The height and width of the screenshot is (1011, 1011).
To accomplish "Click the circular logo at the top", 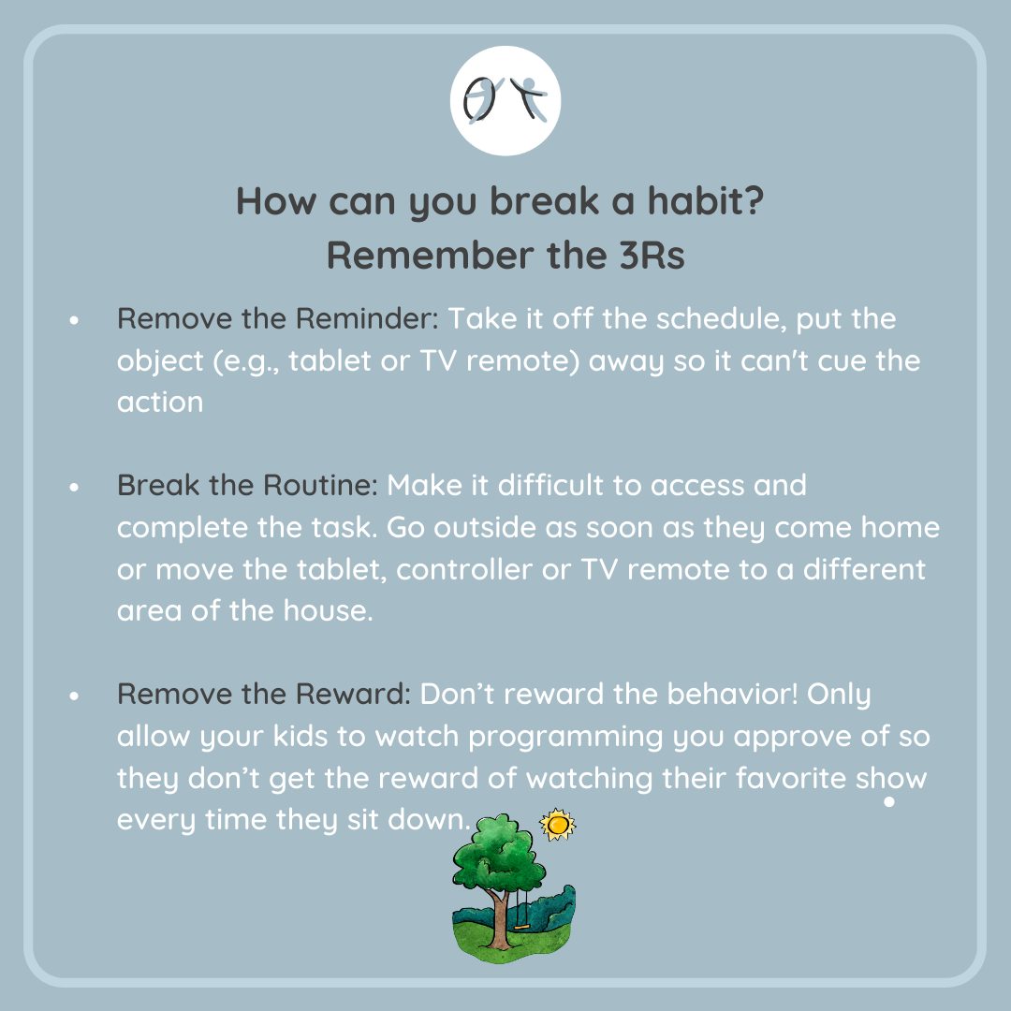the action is coord(505,100).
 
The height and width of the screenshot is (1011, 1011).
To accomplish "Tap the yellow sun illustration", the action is coord(558,824).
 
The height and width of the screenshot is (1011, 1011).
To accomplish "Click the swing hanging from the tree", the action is coord(521,908).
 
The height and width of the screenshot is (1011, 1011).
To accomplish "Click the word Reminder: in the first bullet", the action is coord(367,318).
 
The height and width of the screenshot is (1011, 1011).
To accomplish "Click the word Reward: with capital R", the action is coord(353,694).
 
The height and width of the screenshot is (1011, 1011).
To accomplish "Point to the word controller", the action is coord(464,569).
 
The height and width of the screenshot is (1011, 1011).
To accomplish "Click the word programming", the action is coord(565,737).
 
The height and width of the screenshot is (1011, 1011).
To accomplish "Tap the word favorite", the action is coord(790,778).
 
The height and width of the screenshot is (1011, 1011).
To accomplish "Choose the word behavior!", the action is coord(732,694).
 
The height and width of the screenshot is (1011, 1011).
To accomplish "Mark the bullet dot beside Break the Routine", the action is coord(74,488).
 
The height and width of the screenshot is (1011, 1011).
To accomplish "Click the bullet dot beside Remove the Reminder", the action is coord(74,320).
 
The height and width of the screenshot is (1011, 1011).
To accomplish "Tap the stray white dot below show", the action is coord(889,801).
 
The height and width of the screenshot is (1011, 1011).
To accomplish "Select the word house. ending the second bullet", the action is coord(329,610).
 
